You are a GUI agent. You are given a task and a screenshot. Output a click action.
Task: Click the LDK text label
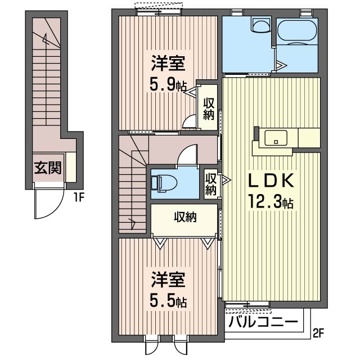point(272,181)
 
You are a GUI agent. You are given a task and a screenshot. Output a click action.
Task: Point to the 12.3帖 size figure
point(272,202)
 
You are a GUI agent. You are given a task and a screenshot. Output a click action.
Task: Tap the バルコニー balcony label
point(263,323)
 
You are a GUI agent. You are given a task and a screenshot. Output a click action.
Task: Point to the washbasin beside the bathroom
point(260,25)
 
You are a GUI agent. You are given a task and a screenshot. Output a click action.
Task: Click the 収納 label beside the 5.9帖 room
point(209,109)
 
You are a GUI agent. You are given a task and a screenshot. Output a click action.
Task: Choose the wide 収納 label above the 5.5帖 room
point(184,217)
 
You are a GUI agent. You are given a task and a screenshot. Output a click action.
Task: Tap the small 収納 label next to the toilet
point(211,184)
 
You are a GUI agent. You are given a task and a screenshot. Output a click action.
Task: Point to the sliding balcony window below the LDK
point(247,305)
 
